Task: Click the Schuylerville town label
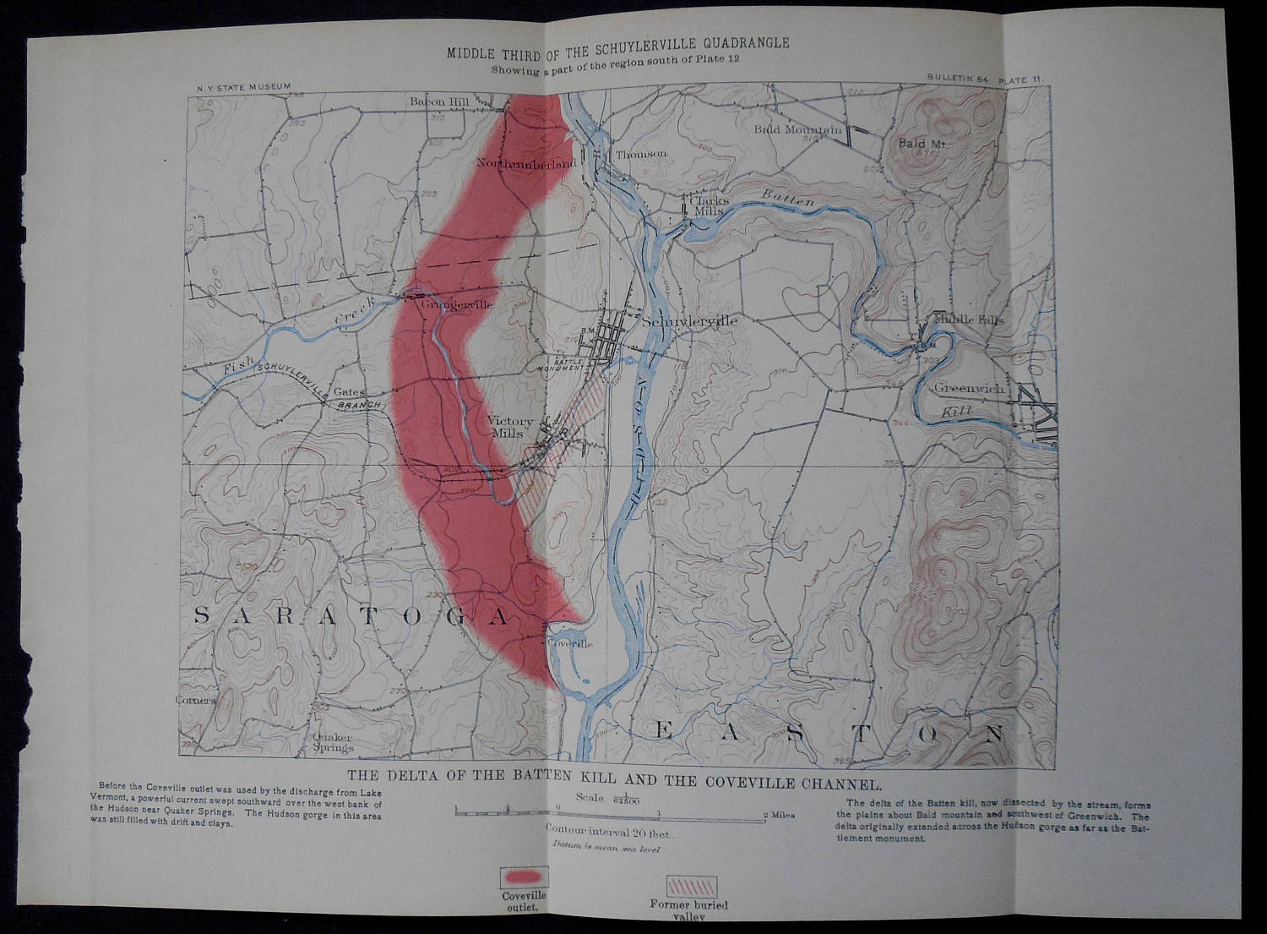click(690, 322)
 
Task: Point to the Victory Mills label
click(510, 427)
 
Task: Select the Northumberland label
click(526, 163)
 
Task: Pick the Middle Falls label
click(969, 321)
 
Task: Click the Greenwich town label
click(969, 388)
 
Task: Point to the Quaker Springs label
click(333, 742)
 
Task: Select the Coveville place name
click(570, 643)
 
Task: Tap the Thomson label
click(641, 155)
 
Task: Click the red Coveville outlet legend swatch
click(524, 873)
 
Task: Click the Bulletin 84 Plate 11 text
click(985, 79)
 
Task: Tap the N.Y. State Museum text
click(243, 86)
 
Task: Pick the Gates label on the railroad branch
click(349, 392)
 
